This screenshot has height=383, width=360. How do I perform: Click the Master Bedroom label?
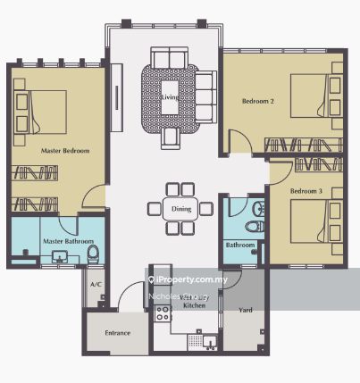tap(65, 151)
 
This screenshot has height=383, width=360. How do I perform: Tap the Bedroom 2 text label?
tap(258, 102)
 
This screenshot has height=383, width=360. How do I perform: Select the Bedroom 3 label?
tap(306, 191)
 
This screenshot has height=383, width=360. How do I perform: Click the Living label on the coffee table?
tap(171, 85)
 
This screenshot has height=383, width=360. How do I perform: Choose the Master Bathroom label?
tap(63, 241)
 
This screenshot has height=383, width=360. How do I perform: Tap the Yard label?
tap(244, 311)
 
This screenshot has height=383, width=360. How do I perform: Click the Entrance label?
tap(117, 333)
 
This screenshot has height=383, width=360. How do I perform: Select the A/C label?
tap(95, 285)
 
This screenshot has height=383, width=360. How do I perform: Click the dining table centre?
tap(180, 209)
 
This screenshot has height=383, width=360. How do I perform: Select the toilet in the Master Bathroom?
tap(93, 256)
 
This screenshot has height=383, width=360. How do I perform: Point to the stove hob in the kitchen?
tap(163, 312)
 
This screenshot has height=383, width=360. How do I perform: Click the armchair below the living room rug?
tap(170, 135)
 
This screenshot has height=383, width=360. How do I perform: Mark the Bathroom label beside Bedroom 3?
tap(239, 246)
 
